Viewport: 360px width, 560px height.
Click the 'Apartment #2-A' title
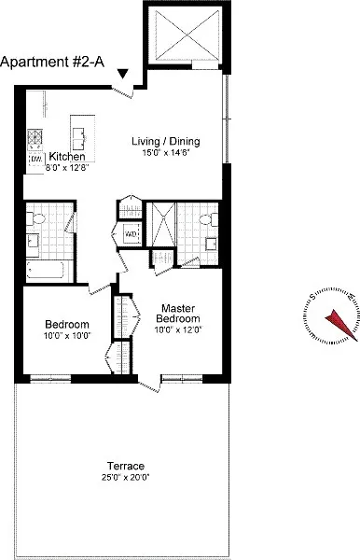click(x=51, y=63)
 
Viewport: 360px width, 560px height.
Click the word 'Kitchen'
click(x=68, y=158)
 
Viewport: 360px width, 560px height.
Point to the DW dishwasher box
click(x=35, y=159)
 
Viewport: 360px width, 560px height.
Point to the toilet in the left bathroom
click(x=37, y=217)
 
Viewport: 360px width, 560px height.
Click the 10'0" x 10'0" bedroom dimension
click(x=67, y=336)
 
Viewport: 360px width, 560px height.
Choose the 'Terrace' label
click(x=126, y=466)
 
